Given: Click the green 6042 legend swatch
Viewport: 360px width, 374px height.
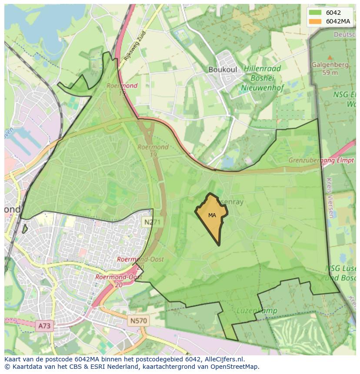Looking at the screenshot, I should point(316,13).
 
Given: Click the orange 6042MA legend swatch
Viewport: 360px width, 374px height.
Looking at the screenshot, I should point(316,21).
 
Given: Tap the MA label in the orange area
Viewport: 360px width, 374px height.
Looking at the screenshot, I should point(212,215).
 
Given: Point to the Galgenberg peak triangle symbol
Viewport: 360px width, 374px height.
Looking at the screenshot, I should point(330,57).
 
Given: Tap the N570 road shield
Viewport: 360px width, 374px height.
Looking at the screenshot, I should point(139,321).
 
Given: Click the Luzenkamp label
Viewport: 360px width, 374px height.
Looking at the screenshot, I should point(252,311).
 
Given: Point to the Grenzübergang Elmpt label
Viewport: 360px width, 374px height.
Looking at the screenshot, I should point(321,160).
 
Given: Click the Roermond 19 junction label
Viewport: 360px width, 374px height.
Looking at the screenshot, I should point(153,151).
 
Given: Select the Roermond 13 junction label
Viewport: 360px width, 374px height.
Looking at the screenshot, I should point(122,89).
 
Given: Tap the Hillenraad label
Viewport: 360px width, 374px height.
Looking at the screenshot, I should point(262,69).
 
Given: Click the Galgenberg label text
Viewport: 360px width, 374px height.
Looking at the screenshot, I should point(330,65).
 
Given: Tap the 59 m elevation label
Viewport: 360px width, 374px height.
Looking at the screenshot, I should point(330,73).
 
